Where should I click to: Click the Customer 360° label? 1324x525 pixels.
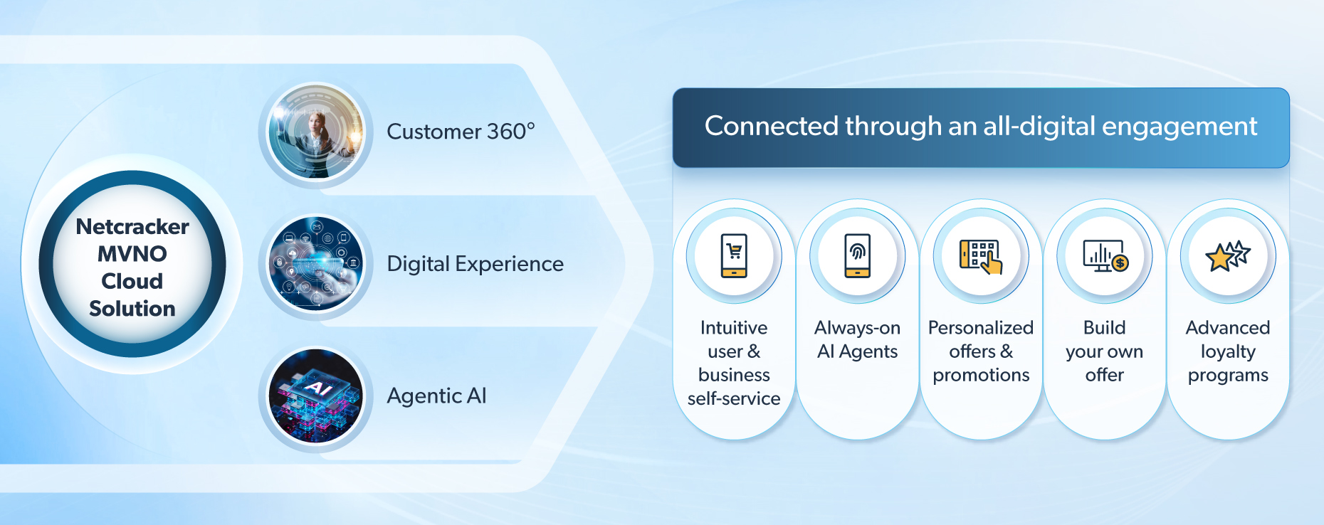pos(461,132)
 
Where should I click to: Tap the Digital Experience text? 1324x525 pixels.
pos(475,264)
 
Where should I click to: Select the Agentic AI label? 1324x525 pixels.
pos(436,396)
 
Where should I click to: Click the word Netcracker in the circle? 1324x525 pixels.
pos(132,226)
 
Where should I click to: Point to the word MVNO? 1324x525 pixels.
pos(132,254)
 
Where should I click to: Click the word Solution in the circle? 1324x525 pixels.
pos(132,309)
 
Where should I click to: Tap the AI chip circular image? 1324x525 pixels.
pos(315,397)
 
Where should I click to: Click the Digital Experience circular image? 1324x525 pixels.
pos(315,265)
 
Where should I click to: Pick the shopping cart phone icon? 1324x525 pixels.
pos(734,255)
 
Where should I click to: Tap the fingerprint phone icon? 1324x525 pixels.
pos(858,255)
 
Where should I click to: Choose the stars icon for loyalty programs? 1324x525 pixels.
pos(1228,256)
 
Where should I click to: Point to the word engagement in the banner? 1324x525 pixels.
pos(1179,127)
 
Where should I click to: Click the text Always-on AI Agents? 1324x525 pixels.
pos(858,339)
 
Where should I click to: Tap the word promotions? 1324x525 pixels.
pos(981,375)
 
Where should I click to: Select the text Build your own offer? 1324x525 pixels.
pos(1105,351)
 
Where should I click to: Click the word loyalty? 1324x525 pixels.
pos(1228,351)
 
